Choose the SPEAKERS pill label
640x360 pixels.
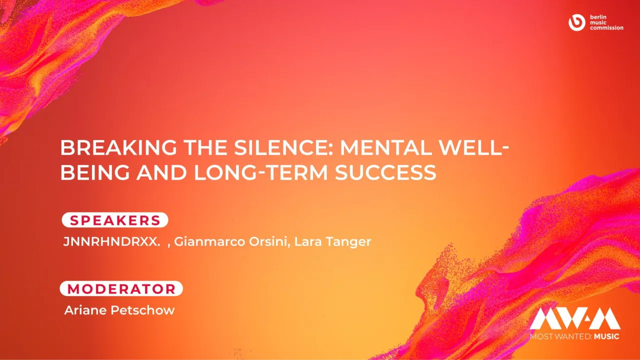click(x=115, y=220)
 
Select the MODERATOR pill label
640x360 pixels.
click(x=121, y=288)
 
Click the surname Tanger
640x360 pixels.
click(x=348, y=242)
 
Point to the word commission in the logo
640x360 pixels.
click(x=606, y=28)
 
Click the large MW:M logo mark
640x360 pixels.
click(x=575, y=318)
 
